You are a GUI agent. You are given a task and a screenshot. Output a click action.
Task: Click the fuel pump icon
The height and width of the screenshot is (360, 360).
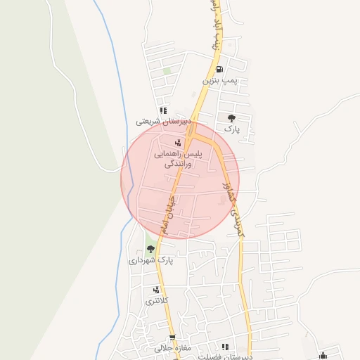coord(221,70)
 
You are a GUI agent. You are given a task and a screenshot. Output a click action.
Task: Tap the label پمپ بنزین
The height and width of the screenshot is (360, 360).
coord(221,81)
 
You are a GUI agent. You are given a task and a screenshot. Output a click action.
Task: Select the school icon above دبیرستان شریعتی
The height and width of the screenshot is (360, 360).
coord(163,110)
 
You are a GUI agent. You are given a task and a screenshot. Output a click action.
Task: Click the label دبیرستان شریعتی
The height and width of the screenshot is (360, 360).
coord(164,121)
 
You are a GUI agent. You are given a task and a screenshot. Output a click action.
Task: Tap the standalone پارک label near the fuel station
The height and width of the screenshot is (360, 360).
coord(232,129)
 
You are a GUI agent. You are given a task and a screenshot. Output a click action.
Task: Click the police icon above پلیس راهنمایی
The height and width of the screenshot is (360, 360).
coord(176,143)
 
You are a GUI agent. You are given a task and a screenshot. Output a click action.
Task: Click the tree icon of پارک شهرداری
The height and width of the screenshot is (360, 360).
coord(150,249)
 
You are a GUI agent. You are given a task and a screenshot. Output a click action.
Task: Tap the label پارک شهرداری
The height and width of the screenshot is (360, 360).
coord(150,260)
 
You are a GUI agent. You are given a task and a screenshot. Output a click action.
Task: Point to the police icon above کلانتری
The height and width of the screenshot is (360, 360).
coord(156,290)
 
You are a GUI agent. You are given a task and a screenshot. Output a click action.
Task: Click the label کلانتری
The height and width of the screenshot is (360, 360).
coord(156,301)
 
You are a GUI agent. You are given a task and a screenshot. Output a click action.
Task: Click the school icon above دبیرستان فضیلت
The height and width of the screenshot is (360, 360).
coord(225,347)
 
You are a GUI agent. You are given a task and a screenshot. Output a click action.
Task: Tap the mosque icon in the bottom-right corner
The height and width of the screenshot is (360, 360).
coord(323,355)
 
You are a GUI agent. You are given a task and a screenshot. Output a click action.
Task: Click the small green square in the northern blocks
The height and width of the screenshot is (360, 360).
coord(167,70)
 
